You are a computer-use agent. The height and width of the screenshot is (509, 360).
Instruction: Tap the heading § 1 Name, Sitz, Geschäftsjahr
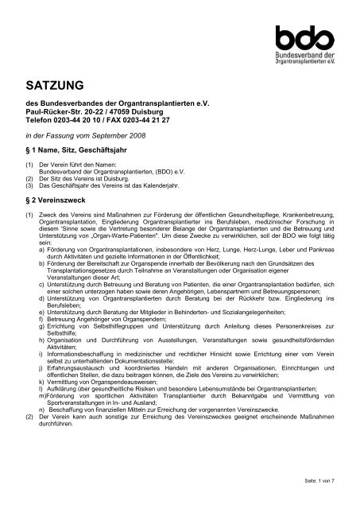click(80, 150)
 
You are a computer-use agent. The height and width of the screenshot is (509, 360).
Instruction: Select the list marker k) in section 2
click(41, 404)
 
